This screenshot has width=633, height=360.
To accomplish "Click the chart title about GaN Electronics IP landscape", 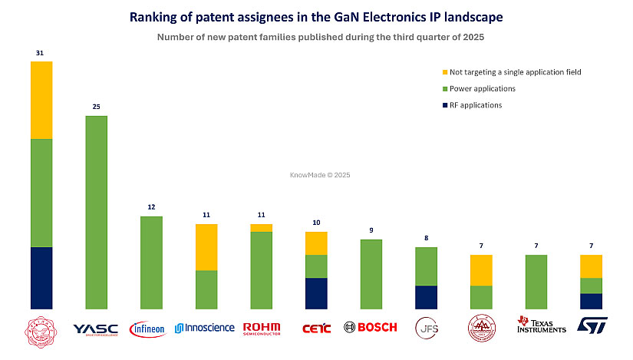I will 316,17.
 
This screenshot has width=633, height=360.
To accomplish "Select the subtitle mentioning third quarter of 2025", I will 316,37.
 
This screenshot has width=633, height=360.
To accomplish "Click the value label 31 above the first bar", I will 41,53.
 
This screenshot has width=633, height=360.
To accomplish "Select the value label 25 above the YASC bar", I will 96,107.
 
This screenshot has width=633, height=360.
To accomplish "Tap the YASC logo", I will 95,329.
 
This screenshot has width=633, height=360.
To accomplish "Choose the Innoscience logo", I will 205,328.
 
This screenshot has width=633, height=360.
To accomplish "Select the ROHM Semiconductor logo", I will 262,328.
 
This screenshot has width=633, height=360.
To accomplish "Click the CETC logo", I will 316,328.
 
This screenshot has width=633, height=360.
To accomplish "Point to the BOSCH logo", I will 371,327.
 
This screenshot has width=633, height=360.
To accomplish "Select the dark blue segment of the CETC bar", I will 316,293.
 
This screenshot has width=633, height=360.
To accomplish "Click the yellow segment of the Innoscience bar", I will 206,247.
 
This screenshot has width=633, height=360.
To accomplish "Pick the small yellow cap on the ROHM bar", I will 262,227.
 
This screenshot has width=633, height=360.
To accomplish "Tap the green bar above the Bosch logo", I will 371,274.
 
